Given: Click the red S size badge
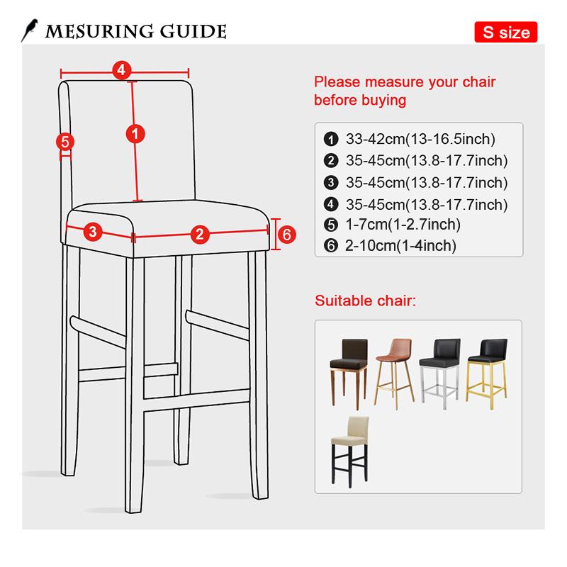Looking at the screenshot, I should (506, 32).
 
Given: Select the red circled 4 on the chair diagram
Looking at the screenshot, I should (121, 69).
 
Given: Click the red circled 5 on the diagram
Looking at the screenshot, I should (64, 142).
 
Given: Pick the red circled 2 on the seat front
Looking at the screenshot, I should (200, 233).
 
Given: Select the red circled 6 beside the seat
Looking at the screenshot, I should (285, 234).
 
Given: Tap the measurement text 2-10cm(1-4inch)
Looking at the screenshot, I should (400, 246).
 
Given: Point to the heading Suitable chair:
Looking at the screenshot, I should (365, 301).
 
